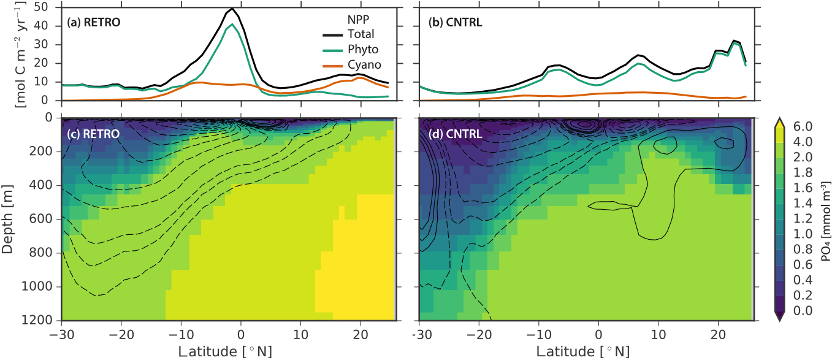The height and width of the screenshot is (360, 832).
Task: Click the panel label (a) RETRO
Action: point(94,23)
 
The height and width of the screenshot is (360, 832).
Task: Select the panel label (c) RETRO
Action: point(94,132)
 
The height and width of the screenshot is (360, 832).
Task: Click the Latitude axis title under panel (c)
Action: point(228,351)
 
